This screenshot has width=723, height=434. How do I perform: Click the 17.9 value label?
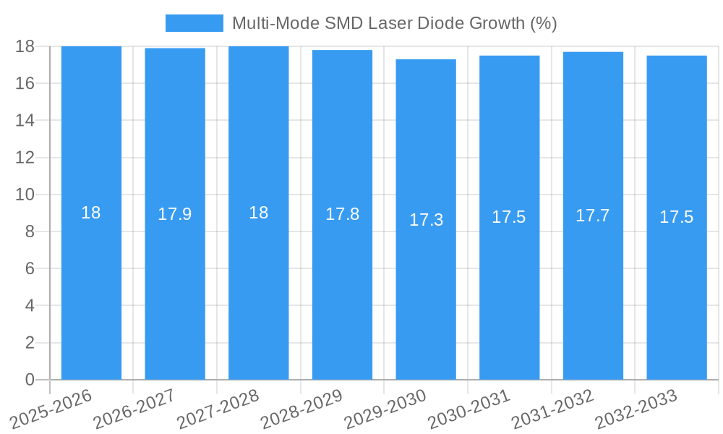click(x=175, y=214)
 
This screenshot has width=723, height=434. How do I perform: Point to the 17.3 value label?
click(x=426, y=220)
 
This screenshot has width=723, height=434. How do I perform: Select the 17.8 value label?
click(x=342, y=214)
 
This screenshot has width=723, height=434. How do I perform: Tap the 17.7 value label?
click(x=593, y=216)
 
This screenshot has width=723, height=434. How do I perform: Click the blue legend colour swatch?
click(x=194, y=23)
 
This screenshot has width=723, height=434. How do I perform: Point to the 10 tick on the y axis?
click(x=25, y=195)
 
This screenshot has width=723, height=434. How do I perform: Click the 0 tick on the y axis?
click(x=30, y=380)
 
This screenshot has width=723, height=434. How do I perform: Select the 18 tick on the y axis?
click(x=25, y=46)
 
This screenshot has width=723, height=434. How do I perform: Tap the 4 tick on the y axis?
click(x=30, y=306)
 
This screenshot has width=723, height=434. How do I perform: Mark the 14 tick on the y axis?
click(x=25, y=120)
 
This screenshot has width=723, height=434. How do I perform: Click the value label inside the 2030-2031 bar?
click(x=509, y=217)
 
